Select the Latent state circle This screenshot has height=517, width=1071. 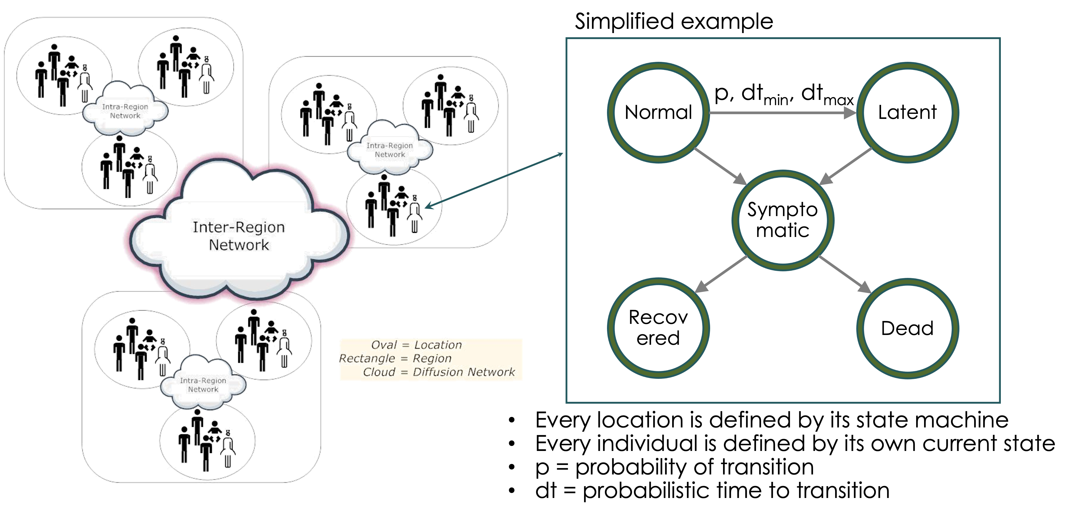tap(908, 112)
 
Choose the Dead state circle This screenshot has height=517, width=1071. tap(908, 328)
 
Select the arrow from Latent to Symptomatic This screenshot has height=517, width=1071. tap(846, 166)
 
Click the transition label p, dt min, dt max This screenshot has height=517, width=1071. tap(784, 95)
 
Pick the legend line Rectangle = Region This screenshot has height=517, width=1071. tap(395, 358)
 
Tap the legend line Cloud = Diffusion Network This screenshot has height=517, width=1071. tap(439, 372)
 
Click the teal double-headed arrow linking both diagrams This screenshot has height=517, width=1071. tap(495, 180)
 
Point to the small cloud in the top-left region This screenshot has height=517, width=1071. tap(125, 111)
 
